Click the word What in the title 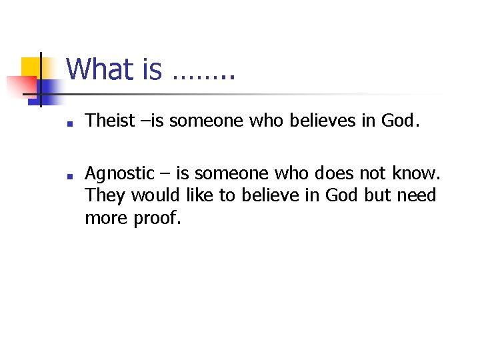(x=100, y=69)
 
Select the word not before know (x=373, y=175)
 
